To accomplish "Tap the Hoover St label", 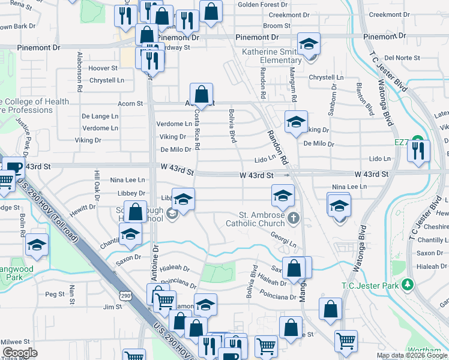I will click(x=103, y=68).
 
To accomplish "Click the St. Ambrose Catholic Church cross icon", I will click(x=292, y=217).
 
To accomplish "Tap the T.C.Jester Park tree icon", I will click(x=408, y=284).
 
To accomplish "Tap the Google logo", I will click(x=20, y=353).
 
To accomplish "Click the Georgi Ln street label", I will click(x=283, y=240).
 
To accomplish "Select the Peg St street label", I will click(x=55, y=294).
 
